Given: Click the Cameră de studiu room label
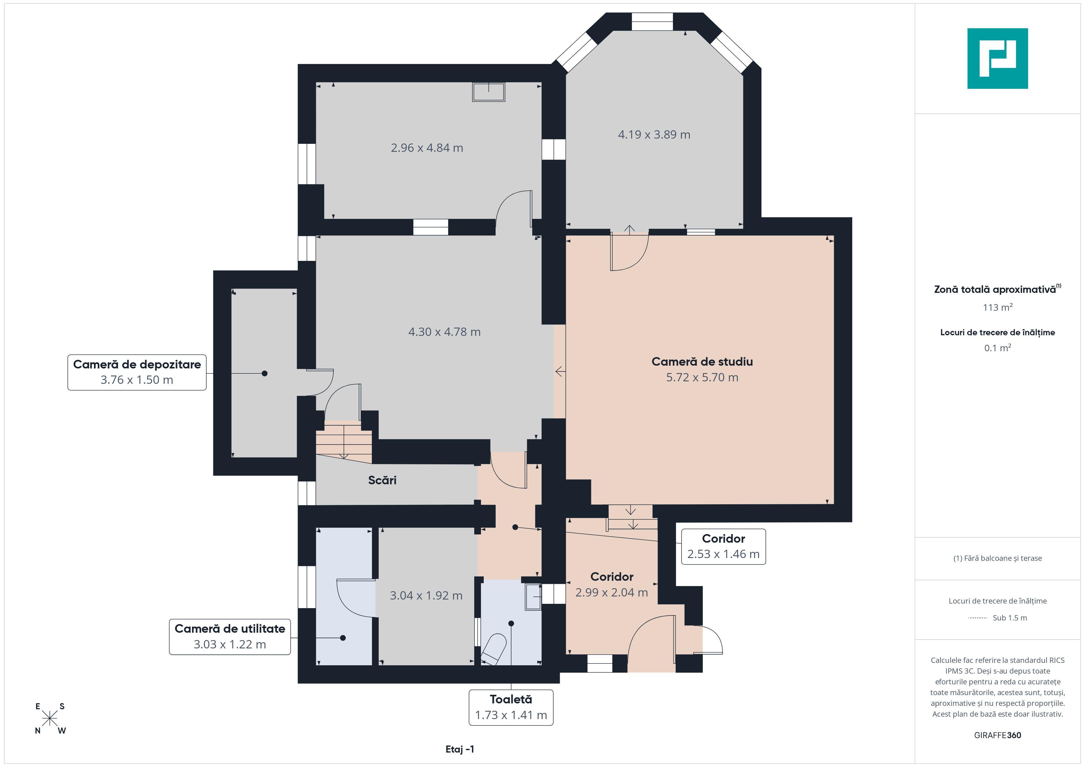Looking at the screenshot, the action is click(702, 362).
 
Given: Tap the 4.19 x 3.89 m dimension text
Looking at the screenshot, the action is click(654, 135).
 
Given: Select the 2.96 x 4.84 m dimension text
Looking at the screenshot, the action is click(427, 148).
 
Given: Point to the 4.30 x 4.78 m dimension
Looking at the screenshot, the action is click(444, 332).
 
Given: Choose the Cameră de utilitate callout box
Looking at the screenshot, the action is click(230, 637).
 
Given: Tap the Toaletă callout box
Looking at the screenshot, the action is click(511, 707).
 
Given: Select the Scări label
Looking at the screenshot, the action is click(382, 480).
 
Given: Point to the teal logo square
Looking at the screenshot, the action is click(998, 59).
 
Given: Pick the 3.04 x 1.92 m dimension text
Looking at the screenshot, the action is click(426, 596).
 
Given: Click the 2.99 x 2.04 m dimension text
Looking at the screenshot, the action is click(611, 592).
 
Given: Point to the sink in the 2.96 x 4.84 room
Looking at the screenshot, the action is click(489, 92).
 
